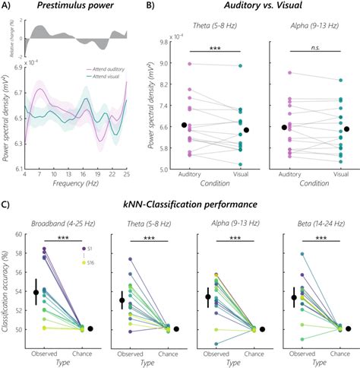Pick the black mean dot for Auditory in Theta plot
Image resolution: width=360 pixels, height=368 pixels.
click(184, 125)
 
